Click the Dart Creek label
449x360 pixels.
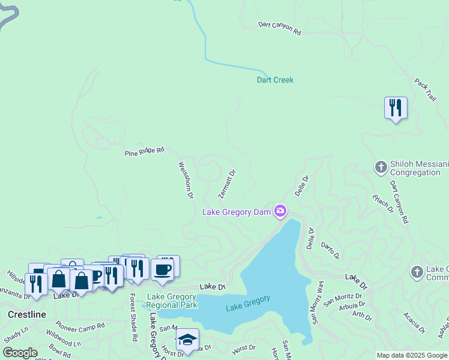(275, 80)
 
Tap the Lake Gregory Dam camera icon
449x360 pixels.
(280, 211)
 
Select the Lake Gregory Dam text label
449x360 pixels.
(236, 212)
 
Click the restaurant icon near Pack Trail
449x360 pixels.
(396, 108)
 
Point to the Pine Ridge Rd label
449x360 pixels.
(145, 152)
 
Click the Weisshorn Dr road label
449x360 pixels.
(186, 179)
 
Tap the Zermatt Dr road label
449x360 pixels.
(227, 184)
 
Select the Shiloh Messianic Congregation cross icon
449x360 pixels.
(380, 167)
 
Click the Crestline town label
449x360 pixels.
(27, 314)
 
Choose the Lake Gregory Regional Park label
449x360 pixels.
(172, 301)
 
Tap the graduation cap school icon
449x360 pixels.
(187, 340)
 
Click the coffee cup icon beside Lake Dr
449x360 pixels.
(162, 269)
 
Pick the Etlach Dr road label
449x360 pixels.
(382, 203)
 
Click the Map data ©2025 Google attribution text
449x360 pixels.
(412, 355)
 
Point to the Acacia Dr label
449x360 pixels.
(414, 322)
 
